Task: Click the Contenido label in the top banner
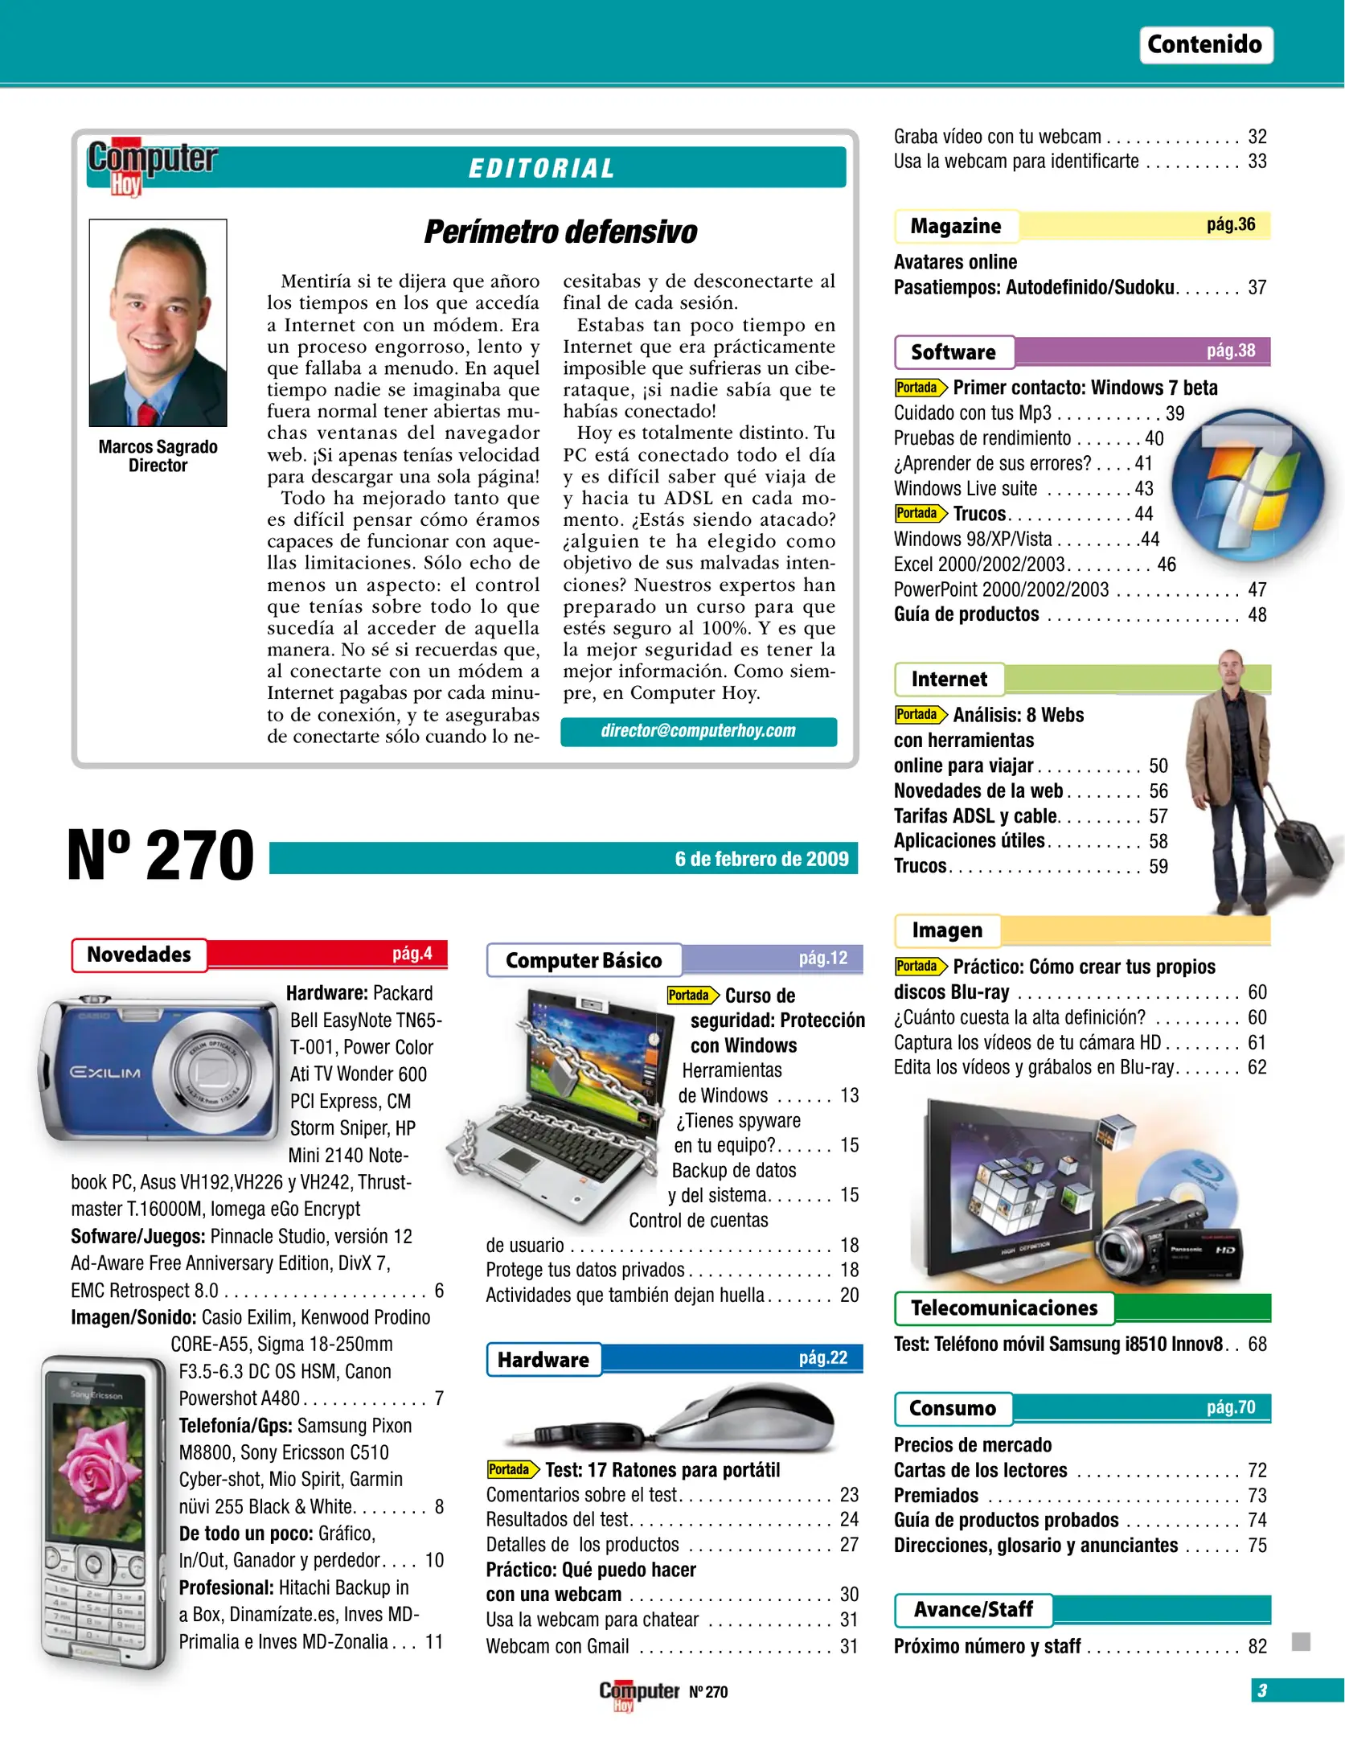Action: coord(1204,44)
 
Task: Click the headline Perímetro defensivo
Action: coord(560,232)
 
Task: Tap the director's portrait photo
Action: coord(158,322)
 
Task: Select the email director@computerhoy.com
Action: coord(698,731)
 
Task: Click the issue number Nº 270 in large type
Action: coord(160,855)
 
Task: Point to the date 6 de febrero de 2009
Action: coord(761,859)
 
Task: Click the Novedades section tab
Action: coord(139,955)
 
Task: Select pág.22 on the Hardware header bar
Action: coord(822,1357)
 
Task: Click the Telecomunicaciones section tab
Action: coord(1003,1308)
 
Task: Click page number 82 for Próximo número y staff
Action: coord(1257,1646)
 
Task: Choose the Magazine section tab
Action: coord(955,226)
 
